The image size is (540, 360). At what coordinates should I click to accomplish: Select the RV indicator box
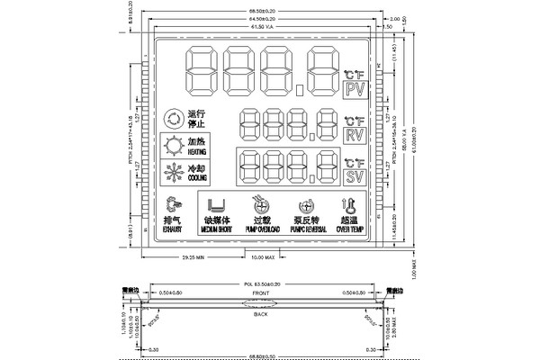353,134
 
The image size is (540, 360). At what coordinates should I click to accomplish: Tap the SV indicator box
353,176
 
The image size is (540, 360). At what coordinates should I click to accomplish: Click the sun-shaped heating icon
171,147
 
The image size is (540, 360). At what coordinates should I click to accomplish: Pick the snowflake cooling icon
171,173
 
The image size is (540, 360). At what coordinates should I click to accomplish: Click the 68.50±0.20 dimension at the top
261,10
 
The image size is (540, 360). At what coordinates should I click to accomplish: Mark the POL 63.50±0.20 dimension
261,284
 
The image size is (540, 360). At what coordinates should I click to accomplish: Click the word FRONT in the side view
261,293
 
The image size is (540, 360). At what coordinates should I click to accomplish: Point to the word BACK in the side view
261,314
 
